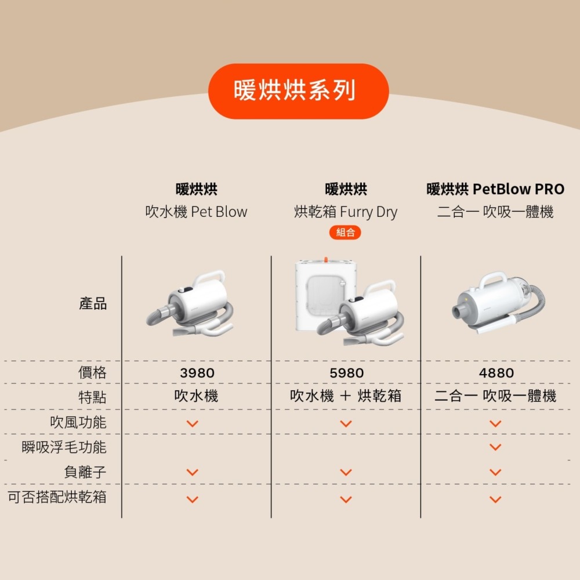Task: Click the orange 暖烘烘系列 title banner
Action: (x=299, y=91)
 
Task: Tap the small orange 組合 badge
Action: (x=345, y=233)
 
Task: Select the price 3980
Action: (x=197, y=373)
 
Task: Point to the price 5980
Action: (x=347, y=373)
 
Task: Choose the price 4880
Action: (x=496, y=373)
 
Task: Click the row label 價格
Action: (x=92, y=372)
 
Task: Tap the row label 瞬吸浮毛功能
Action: (x=64, y=447)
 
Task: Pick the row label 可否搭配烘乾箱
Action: (x=57, y=497)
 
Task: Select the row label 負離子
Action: (x=85, y=472)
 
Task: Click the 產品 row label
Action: (x=93, y=303)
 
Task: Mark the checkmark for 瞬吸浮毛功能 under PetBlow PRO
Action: (x=495, y=447)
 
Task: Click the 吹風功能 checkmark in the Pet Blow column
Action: (x=193, y=423)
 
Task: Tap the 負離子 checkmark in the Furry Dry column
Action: (x=346, y=472)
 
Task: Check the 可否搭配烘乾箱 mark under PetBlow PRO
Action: (x=495, y=499)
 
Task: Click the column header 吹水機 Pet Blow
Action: (x=196, y=212)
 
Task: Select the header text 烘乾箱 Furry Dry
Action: (x=346, y=212)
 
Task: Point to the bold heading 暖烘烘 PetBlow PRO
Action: (x=495, y=189)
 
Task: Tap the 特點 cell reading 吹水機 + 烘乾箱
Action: (x=346, y=396)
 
